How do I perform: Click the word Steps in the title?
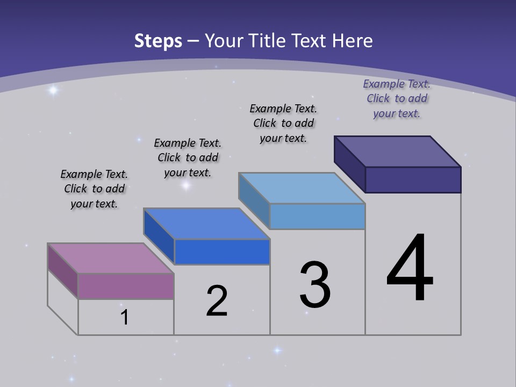(158, 41)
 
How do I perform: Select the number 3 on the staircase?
(315, 285)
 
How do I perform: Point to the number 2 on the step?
(217, 301)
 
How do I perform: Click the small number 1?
(125, 318)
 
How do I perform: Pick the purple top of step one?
(110, 258)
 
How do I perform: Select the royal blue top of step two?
(206, 224)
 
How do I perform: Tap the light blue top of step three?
(302, 188)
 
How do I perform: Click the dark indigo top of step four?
(398, 152)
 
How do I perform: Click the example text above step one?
(94, 189)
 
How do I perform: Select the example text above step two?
(188, 157)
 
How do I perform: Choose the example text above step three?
(283, 123)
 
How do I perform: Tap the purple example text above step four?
(397, 98)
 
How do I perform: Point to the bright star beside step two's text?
(186, 185)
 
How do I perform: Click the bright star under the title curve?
(53, 90)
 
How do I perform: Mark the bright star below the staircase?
(277, 350)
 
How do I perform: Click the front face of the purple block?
(126, 286)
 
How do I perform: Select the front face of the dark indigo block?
(413, 180)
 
